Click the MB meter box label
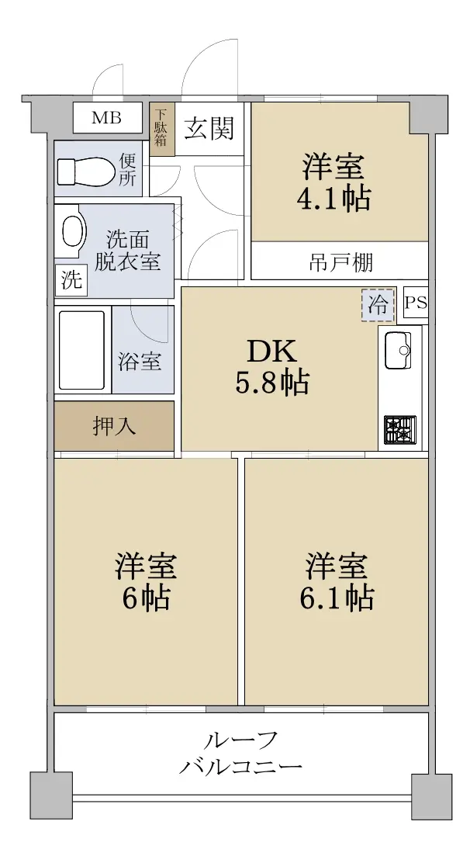(x=106, y=117)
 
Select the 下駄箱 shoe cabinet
(x=162, y=130)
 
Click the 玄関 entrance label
(x=209, y=129)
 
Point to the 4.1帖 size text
(x=333, y=199)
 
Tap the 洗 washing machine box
(x=71, y=280)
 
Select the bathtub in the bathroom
(x=81, y=350)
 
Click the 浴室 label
(x=139, y=362)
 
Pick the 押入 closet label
(x=114, y=426)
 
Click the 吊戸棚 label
(x=341, y=262)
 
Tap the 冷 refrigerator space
(x=378, y=304)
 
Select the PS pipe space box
(x=416, y=303)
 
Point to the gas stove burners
(x=399, y=430)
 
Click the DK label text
(x=272, y=352)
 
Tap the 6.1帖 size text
(x=337, y=598)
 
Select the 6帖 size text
(x=146, y=598)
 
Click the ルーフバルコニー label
(x=240, y=754)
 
